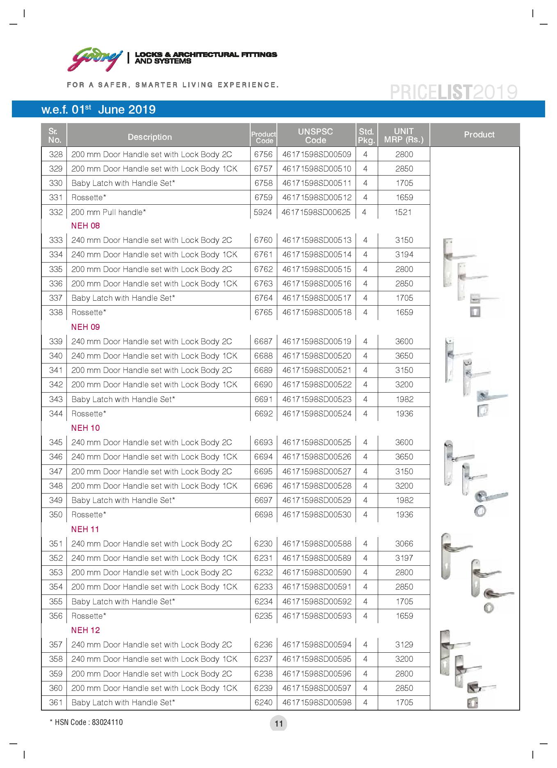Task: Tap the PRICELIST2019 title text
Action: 453,92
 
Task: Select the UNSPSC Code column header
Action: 315,136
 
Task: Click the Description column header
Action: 150,137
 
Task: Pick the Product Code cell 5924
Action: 263,212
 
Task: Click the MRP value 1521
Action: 403,212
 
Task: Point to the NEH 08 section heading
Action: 85,226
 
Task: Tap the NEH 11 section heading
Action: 85,529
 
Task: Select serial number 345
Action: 56,442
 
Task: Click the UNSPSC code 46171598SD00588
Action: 317,544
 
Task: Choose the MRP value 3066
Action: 404,544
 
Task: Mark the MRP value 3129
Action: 404,645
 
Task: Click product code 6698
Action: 263,514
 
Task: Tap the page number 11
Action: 278,724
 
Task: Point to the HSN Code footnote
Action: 86,722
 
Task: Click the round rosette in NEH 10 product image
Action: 480,511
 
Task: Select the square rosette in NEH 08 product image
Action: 475,312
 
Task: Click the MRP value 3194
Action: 404,254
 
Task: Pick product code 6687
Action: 263,341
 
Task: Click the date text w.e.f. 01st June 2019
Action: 98,110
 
